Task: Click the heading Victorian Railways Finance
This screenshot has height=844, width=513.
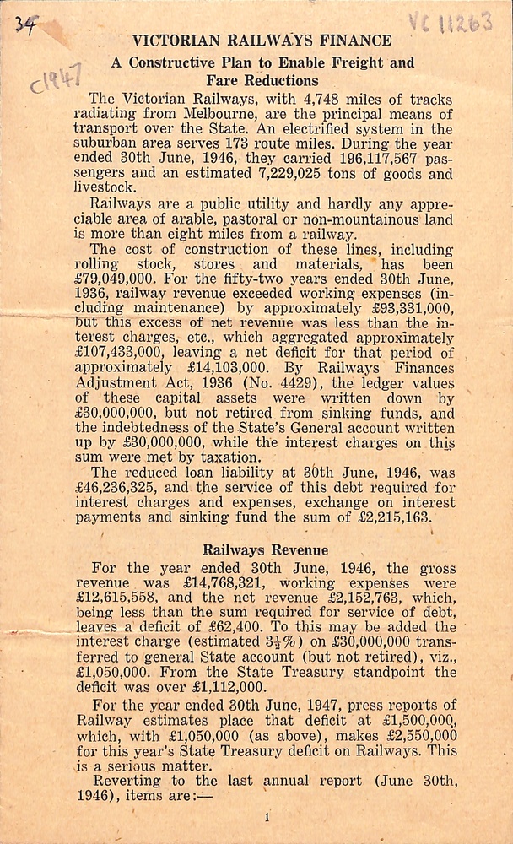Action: tap(262, 40)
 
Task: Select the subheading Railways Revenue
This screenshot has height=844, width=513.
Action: tap(265, 549)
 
